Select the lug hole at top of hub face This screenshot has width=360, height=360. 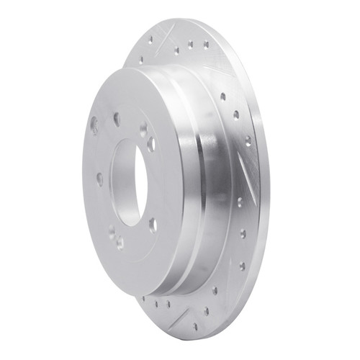[116, 119]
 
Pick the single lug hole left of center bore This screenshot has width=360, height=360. [99, 179]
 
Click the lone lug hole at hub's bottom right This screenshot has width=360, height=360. [153, 225]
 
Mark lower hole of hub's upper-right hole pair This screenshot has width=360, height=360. [151, 143]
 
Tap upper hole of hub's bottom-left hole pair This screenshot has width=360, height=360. [112, 232]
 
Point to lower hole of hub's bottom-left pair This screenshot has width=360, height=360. [120, 243]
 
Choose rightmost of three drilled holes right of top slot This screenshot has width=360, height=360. [206, 45]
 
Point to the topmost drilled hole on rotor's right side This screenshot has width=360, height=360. [222, 96]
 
